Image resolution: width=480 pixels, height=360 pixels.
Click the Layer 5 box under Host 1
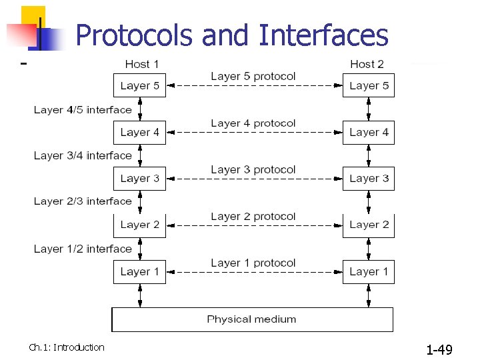point(139,85)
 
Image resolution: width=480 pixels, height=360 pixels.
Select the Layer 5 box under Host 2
point(369,85)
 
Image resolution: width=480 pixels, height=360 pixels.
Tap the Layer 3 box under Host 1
point(139,179)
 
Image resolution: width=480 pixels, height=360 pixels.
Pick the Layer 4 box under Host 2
point(369,132)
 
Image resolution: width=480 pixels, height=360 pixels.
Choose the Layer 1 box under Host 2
point(369,271)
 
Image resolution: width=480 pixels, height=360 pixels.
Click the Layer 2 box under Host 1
point(139,225)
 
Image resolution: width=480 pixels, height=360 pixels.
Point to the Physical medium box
point(252,319)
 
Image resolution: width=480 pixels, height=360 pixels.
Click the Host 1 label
point(142,64)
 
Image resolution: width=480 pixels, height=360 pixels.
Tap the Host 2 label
point(367,64)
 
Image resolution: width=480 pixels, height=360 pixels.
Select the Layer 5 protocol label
point(253,76)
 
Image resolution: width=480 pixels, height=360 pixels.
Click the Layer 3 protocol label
point(253,169)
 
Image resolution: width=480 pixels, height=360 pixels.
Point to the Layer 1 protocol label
point(253,263)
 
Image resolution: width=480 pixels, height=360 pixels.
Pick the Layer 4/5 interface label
point(83,109)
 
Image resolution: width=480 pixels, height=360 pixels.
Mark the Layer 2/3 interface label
point(83,201)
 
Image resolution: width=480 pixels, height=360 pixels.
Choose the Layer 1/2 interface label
point(83,249)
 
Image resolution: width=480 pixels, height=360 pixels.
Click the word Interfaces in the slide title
point(323,35)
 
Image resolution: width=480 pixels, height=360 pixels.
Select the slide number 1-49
point(439,349)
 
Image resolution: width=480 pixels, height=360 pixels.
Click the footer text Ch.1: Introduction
point(67,347)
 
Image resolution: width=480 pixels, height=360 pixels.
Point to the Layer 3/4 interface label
point(83,155)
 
